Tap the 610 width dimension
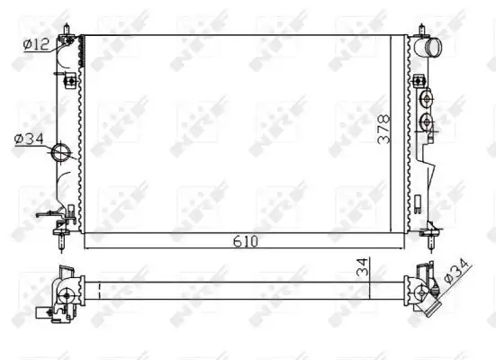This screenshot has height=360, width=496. click(247, 241)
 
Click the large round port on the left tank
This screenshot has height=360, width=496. click(64, 152)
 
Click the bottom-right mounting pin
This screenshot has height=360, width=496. click(435, 238)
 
